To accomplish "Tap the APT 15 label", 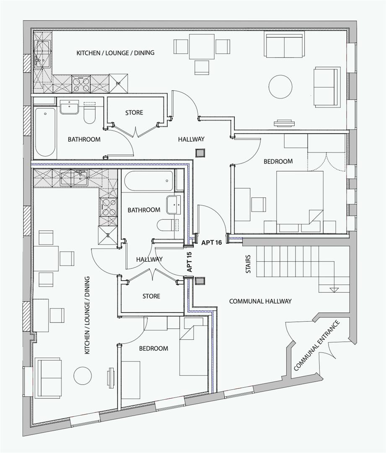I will pos(189,262).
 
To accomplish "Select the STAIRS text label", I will pos(248,264).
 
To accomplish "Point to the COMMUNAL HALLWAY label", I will pos(260,301).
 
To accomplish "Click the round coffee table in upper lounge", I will pos(280,87).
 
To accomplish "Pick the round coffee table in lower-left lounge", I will pos(83,375).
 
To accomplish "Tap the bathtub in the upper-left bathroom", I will pos(45,132).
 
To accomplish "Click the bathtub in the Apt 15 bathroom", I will pos(149,181).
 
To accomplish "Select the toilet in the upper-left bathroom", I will pos(90,115).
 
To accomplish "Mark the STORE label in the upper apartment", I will pos(134,112).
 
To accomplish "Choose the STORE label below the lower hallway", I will pos(151,296).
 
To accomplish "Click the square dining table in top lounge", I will pos(202,47).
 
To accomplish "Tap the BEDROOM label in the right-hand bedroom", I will pos(278,161).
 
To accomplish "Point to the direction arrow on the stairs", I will pos(334,289).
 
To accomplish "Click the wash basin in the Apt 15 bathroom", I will pos(173,204).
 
